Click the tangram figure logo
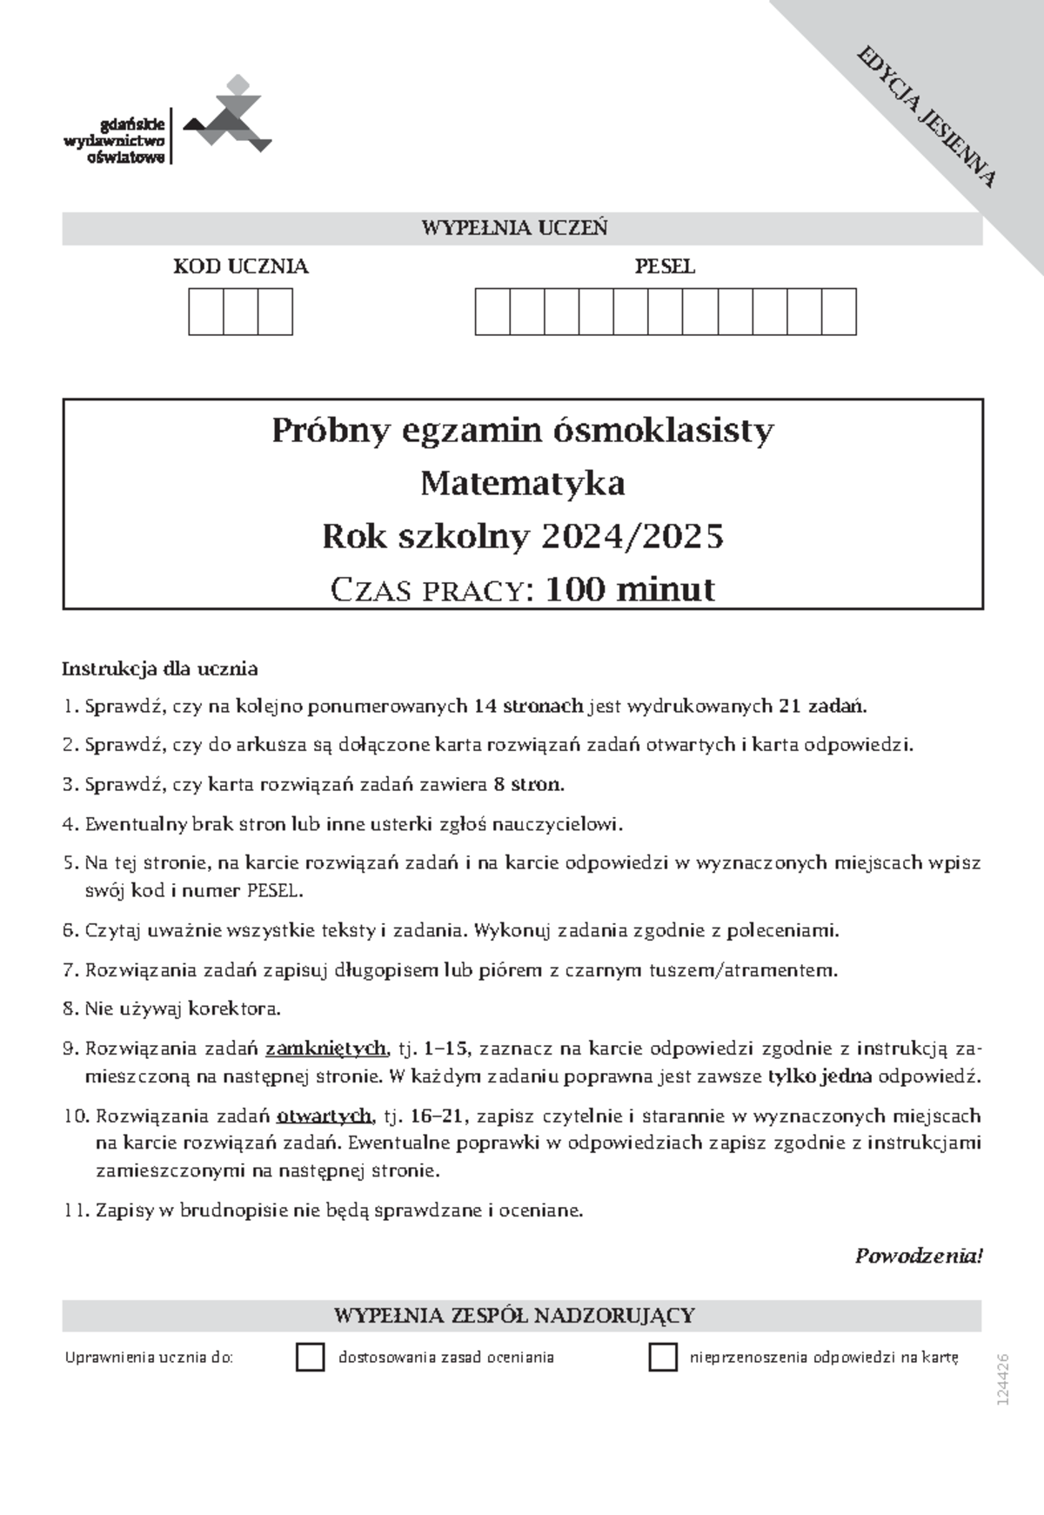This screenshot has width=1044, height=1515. coord(228,117)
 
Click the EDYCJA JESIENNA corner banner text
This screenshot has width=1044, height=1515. coord(927,117)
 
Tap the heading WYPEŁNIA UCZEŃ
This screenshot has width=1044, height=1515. coord(514,229)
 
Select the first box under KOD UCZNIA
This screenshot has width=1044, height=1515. coord(206,312)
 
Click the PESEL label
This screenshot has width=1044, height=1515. coord(665,267)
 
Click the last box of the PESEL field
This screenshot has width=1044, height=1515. coord(839,312)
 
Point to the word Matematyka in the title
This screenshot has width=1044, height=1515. coord(522,483)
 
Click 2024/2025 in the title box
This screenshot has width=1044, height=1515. coord(632,537)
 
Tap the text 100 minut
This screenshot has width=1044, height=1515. coord(630,590)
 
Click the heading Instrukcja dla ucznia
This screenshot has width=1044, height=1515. coord(159,669)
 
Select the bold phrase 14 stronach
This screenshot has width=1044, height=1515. coord(529,706)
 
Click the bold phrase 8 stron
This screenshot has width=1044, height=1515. coord(528,784)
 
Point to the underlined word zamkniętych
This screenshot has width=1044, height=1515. coord(325,1049)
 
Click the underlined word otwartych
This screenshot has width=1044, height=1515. coord(325,1116)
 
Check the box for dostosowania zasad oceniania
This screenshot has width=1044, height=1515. coord(311,1357)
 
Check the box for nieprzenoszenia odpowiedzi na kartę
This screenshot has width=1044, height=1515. coord(663,1357)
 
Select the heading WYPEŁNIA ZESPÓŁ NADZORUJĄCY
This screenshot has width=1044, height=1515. coord(514,1315)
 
